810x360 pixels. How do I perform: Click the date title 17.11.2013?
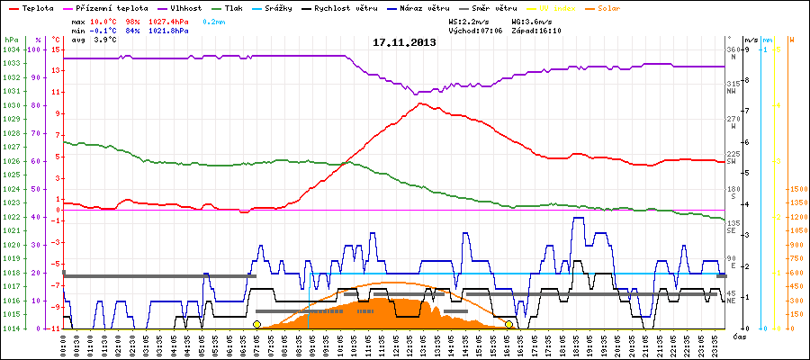tap(404, 42)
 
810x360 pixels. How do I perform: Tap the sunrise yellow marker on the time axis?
tap(256, 324)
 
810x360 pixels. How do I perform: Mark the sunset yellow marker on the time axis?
tap(508, 324)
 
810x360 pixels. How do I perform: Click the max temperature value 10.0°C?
tap(105, 21)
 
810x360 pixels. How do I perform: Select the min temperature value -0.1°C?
tap(105, 30)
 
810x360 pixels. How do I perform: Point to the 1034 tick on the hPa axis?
tap(12, 49)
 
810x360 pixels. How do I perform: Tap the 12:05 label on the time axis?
tap(395, 343)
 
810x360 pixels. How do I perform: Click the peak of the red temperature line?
tap(421, 103)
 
